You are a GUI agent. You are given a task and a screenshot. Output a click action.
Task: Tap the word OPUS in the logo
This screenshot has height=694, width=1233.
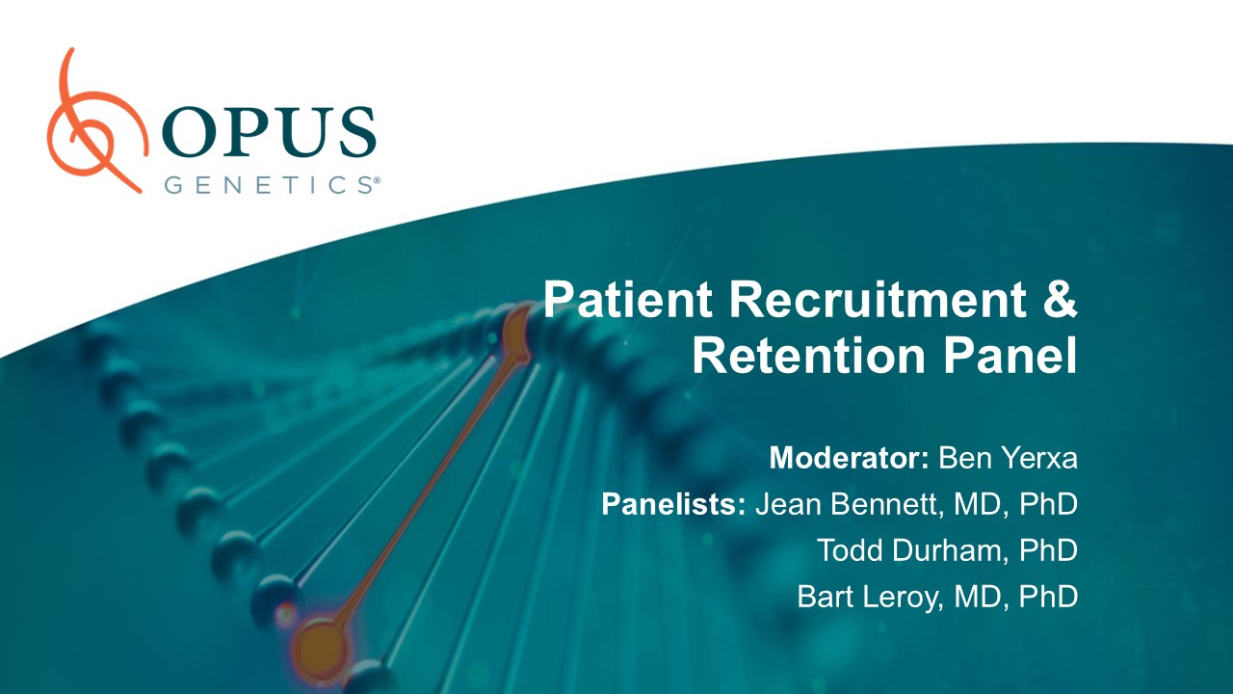[270, 132]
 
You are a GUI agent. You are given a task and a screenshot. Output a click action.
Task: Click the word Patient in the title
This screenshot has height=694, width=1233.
[627, 299]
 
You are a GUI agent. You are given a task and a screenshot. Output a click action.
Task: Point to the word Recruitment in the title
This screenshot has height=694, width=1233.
[878, 299]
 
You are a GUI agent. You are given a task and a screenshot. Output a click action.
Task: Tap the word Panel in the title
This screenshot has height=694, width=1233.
[1010, 356]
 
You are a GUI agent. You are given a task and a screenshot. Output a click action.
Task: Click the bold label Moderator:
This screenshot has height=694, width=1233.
[849, 458]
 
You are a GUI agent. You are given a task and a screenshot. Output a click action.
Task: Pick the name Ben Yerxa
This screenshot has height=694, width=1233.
[1008, 458]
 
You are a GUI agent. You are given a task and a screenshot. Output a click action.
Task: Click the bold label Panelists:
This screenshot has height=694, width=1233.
[673, 504]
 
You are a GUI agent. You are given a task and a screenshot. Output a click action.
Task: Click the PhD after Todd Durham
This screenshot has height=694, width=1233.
[1048, 550]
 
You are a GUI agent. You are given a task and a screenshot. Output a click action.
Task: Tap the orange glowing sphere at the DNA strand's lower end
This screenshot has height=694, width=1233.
[320, 649]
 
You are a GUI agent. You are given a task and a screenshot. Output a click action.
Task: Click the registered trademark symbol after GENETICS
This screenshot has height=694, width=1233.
[377, 180]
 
